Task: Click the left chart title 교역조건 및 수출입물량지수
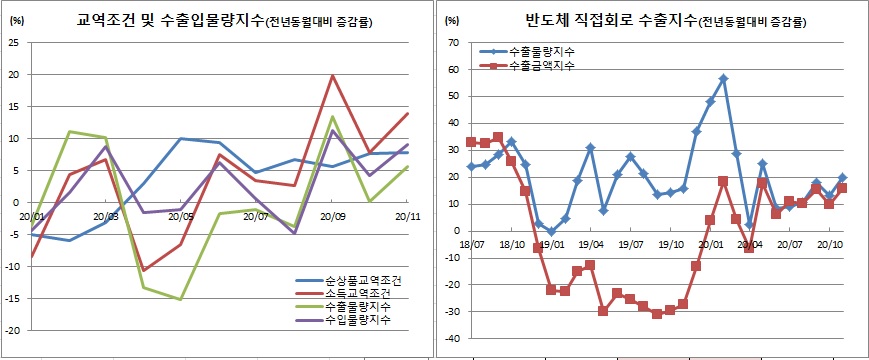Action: coord(174,20)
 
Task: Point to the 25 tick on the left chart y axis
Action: coord(14,43)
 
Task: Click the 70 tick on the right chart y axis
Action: coord(452,43)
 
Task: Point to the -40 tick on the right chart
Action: coord(450,339)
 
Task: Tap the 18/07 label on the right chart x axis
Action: coord(471,243)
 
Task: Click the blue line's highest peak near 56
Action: coord(723,78)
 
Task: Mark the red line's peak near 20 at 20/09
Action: coord(332,76)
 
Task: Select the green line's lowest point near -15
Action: coord(181,299)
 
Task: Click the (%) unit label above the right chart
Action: coord(451,20)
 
